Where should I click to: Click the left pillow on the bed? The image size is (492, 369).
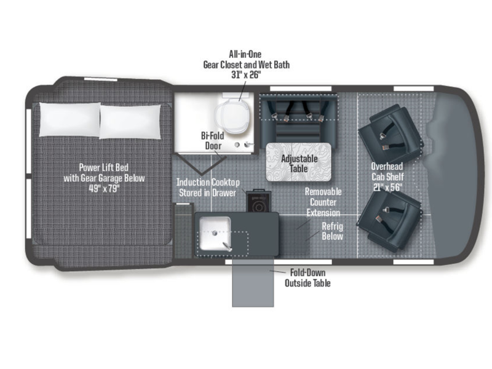tap(69, 119)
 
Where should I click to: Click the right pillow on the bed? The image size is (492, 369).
tap(130, 122)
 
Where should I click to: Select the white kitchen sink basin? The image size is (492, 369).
tap(215, 234)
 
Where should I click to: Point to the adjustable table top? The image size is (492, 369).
tap(299, 162)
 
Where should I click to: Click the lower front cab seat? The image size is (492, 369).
tap(389, 220)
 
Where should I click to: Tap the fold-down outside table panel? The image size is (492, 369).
tap(253, 282)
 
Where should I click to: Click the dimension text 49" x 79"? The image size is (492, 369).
tap(105, 189)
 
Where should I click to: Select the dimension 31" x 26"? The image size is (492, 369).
tap(247, 75)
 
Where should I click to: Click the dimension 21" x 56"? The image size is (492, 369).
tap(388, 188)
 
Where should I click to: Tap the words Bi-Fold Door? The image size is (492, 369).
tap(213, 141)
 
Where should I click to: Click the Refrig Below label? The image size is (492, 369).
tap(332, 231)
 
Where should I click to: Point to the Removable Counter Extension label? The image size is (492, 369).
tap(323, 202)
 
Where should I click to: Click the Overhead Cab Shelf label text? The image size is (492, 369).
tap(387, 172)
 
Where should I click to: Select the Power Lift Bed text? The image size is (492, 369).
tap(104, 167)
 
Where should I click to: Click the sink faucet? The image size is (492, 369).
tap(228, 247)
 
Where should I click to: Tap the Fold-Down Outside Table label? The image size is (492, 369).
tap(307, 278)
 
